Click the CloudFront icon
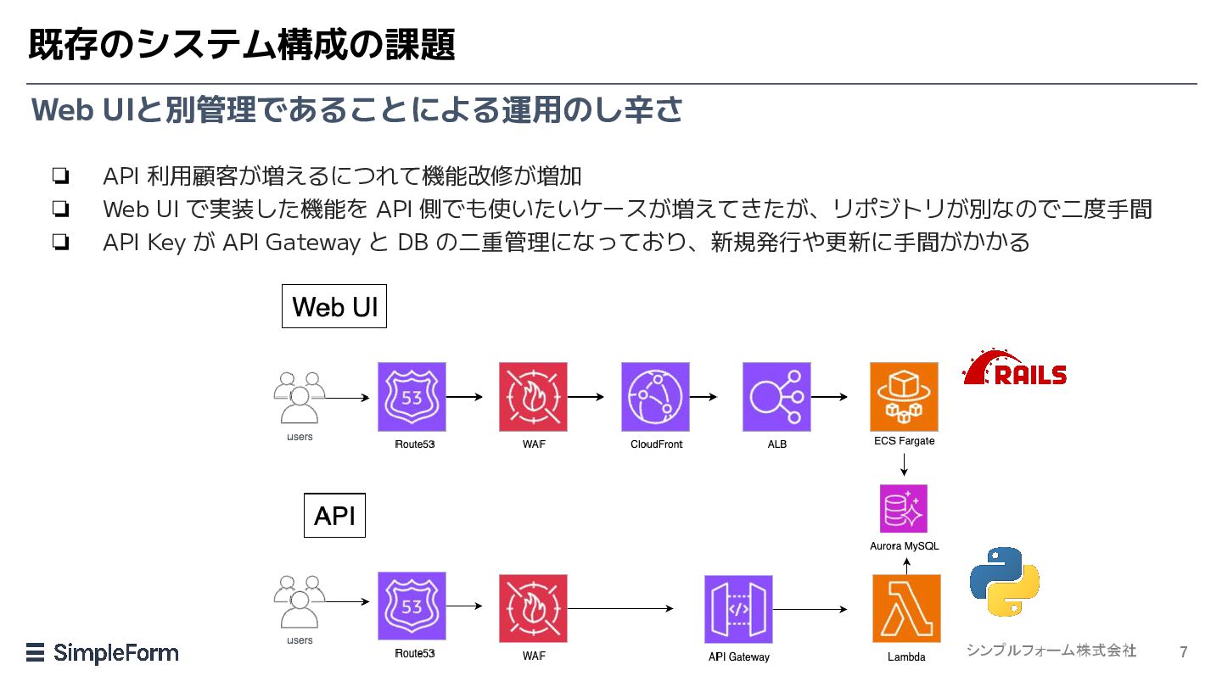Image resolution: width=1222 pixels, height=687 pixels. click(655, 397)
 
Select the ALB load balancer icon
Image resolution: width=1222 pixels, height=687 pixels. click(776, 397)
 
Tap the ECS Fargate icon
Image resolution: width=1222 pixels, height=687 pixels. click(904, 397)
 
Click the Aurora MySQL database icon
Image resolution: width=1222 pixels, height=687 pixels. click(904, 508)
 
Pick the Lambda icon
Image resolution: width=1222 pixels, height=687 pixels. click(906, 608)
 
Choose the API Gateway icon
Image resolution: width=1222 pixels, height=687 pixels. click(738, 609)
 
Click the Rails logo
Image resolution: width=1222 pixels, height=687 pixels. click(1015, 368)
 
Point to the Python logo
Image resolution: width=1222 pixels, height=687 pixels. click(1005, 582)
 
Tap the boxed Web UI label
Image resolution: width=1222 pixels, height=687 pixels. click(334, 306)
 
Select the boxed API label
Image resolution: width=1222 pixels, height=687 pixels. click(334, 516)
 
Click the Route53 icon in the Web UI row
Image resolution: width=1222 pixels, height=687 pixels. click(412, 397)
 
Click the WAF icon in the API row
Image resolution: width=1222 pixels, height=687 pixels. click(533, 608)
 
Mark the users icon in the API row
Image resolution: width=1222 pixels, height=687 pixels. click(300, 602)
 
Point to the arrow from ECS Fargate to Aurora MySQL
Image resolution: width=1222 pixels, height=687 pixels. click(904, 465)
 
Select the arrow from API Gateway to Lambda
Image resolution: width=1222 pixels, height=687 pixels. click(810, 609)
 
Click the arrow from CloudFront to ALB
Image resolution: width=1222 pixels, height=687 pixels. click(703, 397)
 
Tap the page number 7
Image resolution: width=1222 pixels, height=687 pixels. click(1183, 652)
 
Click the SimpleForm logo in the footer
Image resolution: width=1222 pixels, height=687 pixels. click(103, 653)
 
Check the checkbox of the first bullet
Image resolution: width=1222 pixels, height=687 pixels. click(60, 176)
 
